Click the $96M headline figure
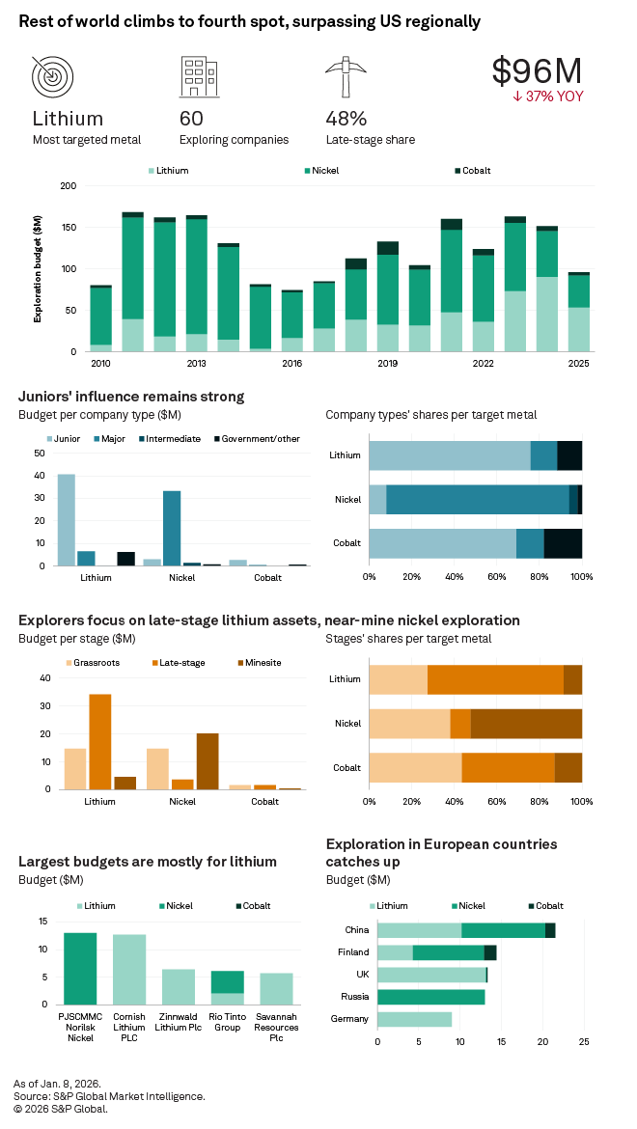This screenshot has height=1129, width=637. click(537, 70)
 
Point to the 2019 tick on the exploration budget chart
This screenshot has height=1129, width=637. click(387, 364)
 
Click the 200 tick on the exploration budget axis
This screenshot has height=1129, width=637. click(69, 185)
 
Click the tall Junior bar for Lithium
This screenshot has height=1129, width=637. click(66, 519)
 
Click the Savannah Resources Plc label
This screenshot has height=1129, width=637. click(276, 1033)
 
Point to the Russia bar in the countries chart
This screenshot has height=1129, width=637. click(430, 997)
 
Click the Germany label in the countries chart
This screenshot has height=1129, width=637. click(349, 1019)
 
